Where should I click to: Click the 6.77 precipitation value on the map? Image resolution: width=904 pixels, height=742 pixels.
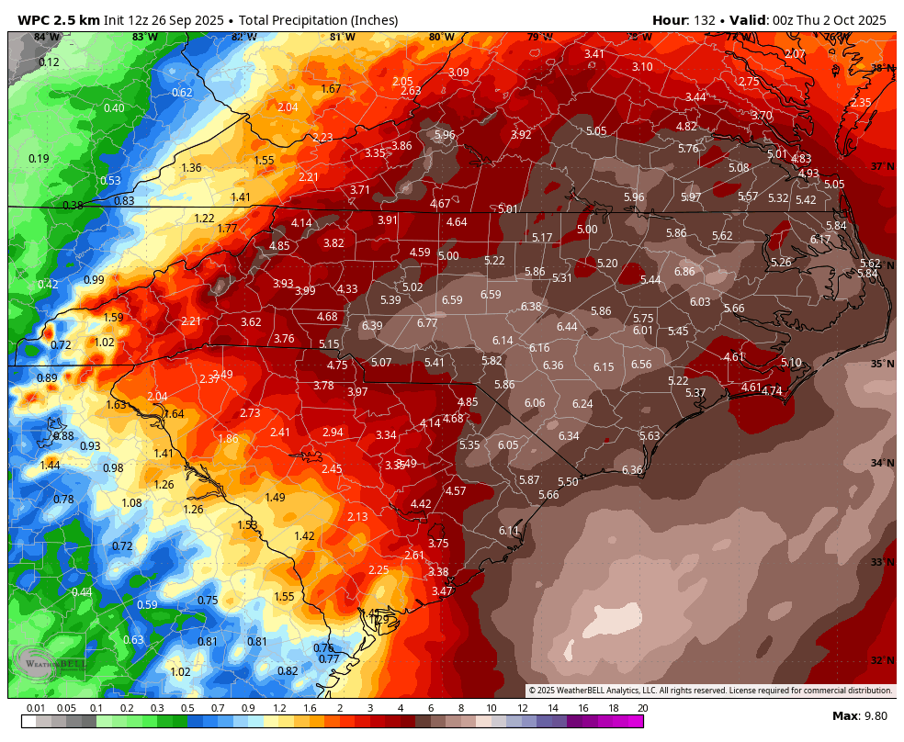coord(427,323)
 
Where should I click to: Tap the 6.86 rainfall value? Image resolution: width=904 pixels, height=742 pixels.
coord(684,272)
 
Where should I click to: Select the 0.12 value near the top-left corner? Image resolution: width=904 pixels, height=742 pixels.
coord(49,62)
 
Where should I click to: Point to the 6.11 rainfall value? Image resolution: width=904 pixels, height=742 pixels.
coord(509,531)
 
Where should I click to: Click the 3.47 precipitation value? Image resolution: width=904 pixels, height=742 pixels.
coord(442,591)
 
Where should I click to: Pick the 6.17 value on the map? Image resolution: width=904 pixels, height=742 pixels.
coord(819,240)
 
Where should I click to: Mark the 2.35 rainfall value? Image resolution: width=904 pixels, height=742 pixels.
coord(861,103)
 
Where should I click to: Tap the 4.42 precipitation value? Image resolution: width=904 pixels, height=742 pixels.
coord(421,504)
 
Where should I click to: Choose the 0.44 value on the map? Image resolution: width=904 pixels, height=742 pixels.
coord(82,592)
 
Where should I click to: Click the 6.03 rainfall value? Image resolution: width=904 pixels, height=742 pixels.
coord(700,302)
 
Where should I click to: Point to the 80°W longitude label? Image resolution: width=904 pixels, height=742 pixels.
coord(441,38)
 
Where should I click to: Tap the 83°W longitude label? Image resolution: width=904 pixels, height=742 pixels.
coord(144,38)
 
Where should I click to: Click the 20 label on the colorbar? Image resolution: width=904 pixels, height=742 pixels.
coord(643,708)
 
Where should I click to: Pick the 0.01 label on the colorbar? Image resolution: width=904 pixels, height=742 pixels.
coord(36,708)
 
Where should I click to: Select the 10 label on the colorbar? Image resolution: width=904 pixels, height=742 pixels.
coord(492,708)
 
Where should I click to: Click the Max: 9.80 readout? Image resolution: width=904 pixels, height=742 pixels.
coord(859,715)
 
